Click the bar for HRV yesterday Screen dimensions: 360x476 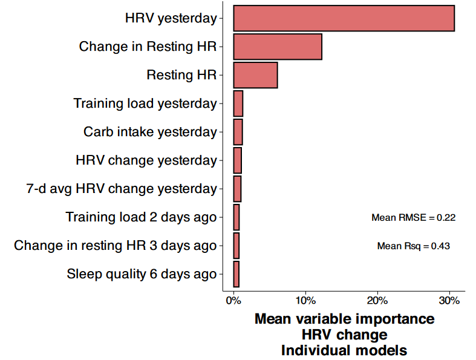click(x=344, y=18)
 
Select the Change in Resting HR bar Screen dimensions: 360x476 click(x=278, y=47)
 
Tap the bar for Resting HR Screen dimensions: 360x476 click(x=255, y=75)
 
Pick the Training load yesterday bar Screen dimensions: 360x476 click(x=238, y=103)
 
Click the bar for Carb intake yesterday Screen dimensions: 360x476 click(x=238, y=132)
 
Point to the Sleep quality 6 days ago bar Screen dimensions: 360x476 click(x=236, y=274)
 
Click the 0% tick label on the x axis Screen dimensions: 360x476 click(x=233, y=300)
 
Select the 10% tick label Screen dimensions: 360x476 click(x=305, y=300)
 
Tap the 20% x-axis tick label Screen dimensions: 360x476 click(x=377, y=300)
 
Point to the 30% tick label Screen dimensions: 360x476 click(x=449, y=300)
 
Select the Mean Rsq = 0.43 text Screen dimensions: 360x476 click(x=413, y=246)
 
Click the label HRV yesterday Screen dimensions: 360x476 click(x=171, y=18)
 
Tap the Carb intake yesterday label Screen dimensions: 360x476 click(x=150, y=132)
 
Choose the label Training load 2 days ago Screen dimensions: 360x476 click(x=141, y=217)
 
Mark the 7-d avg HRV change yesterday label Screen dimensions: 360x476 click(x=122, y=189)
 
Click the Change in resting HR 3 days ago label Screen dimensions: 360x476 click(x=115, y=246)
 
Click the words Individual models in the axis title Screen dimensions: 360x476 click(x=344, y=350)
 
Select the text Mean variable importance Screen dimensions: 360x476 click(x=344, y=319)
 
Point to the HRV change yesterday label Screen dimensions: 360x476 click(x=146, y=160)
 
